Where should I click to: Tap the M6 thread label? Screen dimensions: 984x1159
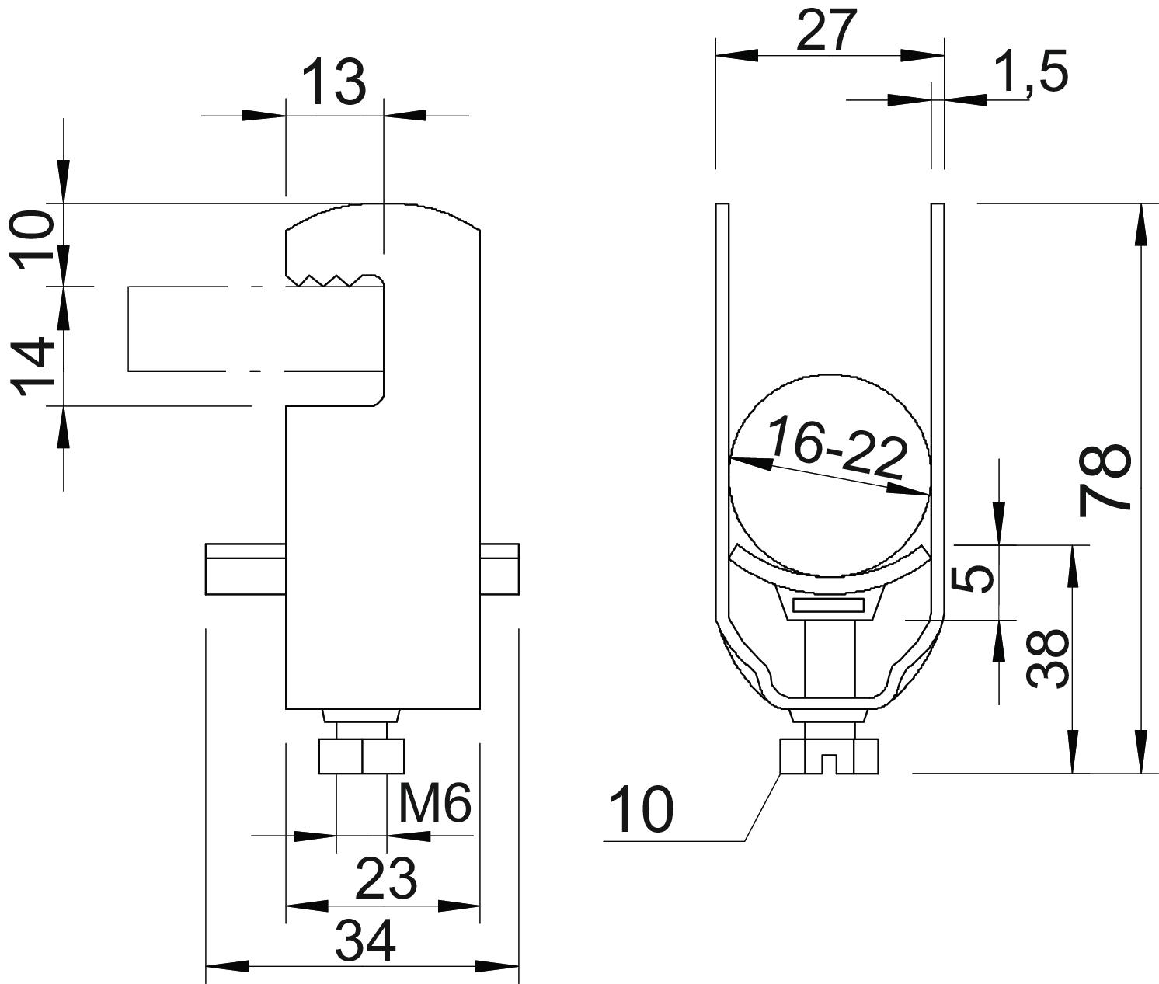pos(435,804)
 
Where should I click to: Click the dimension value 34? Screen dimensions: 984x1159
pos(366,941)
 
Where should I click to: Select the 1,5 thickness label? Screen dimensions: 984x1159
pos(1031,72)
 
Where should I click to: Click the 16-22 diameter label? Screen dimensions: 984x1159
pos(837,448)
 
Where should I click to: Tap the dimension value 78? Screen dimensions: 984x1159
pos(1105,480)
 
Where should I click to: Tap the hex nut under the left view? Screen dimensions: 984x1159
pos(361,756)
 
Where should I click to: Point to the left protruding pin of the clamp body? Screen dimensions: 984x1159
pos(245,569)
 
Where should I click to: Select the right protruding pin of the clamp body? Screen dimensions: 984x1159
pos(499,569)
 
